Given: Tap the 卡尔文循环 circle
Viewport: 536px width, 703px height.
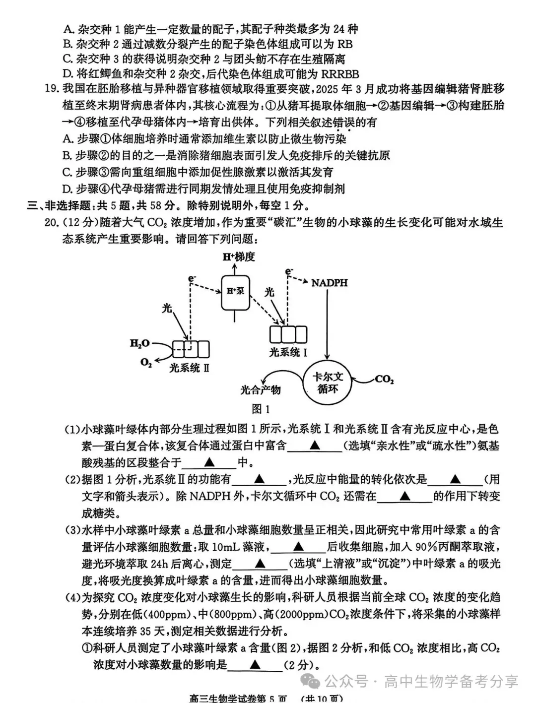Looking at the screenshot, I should [327, 383].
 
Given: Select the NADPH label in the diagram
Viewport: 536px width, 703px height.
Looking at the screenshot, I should [329, 283].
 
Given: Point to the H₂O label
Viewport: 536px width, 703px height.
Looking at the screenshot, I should [139, 343].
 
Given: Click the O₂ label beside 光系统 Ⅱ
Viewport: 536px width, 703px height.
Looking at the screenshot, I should [146, 363].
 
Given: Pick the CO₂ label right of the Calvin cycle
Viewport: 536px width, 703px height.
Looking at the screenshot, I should [384, 380].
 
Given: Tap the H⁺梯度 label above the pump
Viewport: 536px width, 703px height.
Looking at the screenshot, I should [238, 257].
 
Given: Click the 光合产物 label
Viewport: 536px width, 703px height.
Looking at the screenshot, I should [261, 390].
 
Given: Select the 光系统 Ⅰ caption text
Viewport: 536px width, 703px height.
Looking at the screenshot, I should [288, 353].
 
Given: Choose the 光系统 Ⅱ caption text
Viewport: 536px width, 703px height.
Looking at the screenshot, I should [189, 368].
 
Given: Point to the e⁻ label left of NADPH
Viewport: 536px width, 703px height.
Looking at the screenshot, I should [289, 271].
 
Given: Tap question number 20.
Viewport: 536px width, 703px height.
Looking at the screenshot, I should [51, 222].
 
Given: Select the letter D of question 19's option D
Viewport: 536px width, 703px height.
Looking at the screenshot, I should [67, 189].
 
